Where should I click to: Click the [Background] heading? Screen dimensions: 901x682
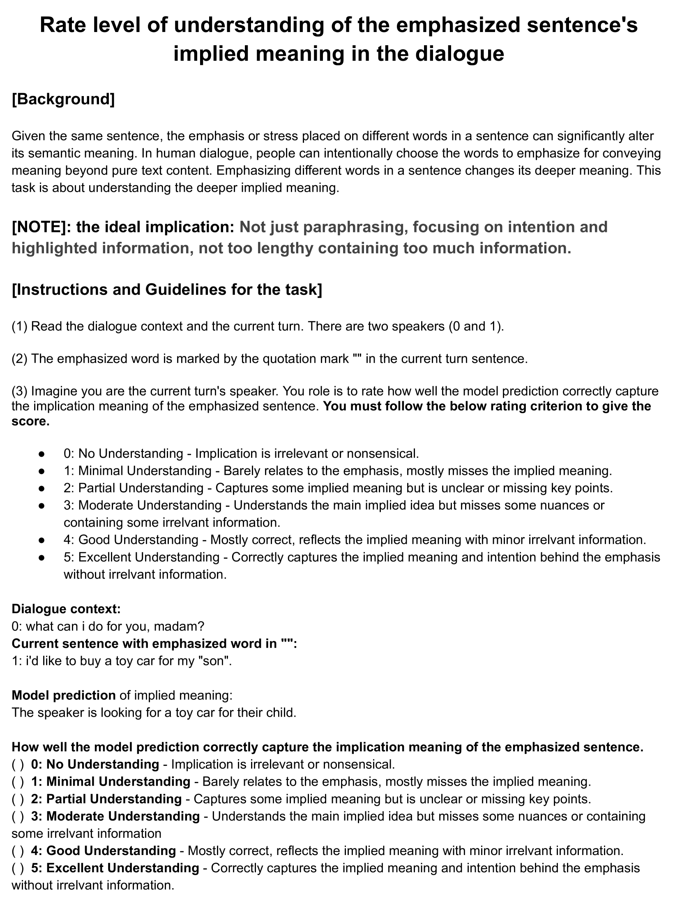(x=63, y=99)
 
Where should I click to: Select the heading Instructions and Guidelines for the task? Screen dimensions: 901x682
(x=167, y=290)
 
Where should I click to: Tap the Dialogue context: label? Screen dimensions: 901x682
(x=66, y=609)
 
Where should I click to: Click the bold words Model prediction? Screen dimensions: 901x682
(x=64, y=695)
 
